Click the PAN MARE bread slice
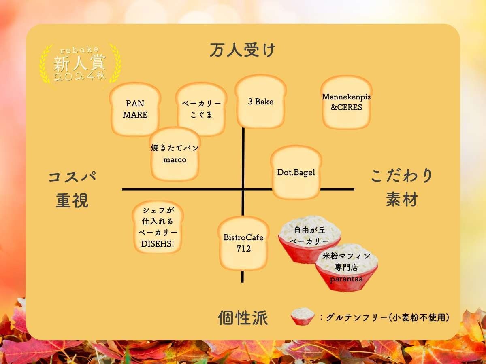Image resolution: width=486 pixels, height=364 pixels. [135, 109]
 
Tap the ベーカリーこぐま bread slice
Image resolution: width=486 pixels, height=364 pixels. [201, 109]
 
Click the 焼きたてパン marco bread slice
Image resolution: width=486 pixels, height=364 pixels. [175, 154]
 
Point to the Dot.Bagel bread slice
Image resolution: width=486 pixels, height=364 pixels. [296, 172]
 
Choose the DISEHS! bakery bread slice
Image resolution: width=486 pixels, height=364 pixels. [158, 227]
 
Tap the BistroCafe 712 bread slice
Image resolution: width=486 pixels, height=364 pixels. [243, 243]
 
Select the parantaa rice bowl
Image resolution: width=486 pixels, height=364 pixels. [347, 267]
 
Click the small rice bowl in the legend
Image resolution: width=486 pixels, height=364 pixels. [303, 317]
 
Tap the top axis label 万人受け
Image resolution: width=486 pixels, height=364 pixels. [243, 51]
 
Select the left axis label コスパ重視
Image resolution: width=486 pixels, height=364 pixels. [72, 189]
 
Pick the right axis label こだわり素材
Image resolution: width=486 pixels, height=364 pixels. [401, 188]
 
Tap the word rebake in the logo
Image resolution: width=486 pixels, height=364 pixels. [79, 50]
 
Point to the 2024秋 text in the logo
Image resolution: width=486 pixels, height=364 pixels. [79, 76]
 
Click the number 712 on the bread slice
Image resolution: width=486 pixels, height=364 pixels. [243, 249]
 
